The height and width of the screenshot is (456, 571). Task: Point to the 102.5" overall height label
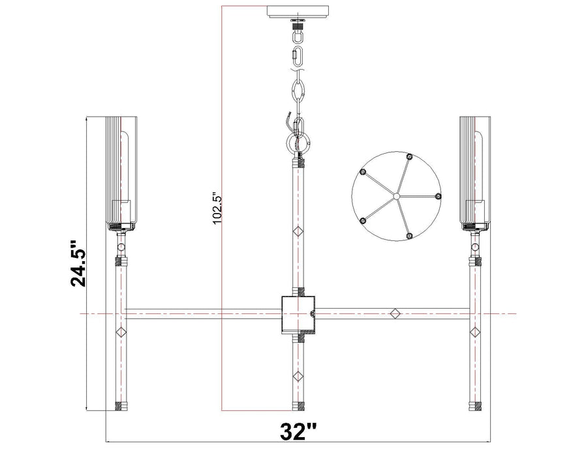point(217,208)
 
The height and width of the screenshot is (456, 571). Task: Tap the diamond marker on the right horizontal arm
point(394,313)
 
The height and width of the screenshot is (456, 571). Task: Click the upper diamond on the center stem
point(298,231)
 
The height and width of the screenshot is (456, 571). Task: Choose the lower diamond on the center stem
point(298,375)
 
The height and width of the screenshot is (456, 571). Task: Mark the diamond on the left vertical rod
point(120,332)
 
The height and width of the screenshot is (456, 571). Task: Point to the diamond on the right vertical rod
point(475,332)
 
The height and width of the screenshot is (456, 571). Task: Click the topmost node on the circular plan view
point(409,156)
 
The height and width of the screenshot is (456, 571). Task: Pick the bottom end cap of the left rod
point(120,406)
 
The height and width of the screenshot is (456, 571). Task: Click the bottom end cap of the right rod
point(475,406)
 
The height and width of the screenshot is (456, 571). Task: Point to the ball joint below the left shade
point(120,246)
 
